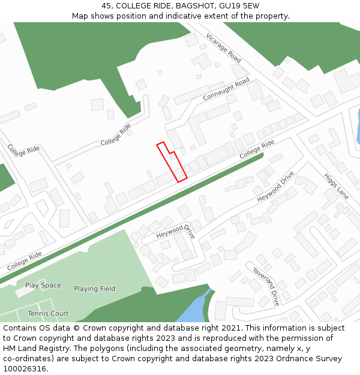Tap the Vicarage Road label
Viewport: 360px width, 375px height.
tap(223, 47)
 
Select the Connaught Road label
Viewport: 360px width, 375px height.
tap(226, 89)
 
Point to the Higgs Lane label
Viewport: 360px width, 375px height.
tap(336, 186)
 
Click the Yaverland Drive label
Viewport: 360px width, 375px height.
tap(266, 286)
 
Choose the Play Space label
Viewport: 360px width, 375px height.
tap(43, 286)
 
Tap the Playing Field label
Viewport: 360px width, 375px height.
tap(94, 289)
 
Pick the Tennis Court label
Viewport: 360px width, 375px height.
tap(48, 313)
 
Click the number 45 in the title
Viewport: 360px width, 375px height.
tap(107, 6)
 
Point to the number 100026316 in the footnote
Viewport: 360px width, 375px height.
tap(25, 368)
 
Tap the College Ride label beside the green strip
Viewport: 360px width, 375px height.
tap(257, 149)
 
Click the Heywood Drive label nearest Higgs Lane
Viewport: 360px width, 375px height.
tap(275, 187)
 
